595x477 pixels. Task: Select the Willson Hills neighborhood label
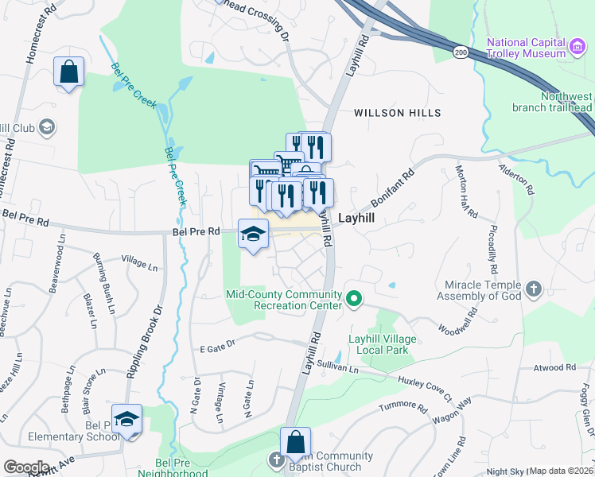(x=397, y=113)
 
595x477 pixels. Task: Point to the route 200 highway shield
(x=461, y=52)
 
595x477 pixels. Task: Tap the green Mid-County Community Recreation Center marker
(x=355, y=300)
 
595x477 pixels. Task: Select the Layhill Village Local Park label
(x=382, y=344)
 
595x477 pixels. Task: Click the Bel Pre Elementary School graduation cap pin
(x=126, y=419)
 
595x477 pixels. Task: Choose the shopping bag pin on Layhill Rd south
(x=295, y=442)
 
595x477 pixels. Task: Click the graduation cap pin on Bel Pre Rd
(x=253, y=234)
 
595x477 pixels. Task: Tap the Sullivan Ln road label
(x=338, y=366)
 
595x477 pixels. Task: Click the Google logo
(x=25, y=467)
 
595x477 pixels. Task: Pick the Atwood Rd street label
(x=554, y=367)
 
